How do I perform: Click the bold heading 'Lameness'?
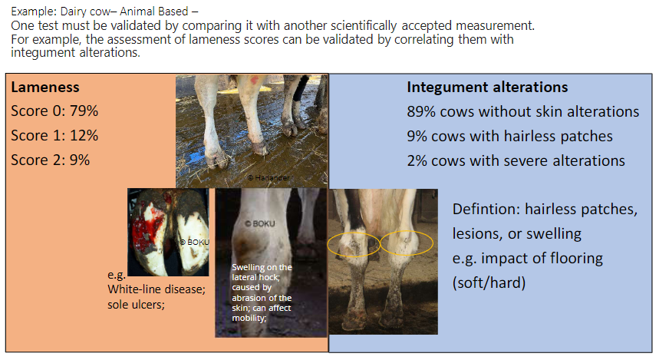(x=45, y=88)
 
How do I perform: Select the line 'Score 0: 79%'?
(x=54, y=111)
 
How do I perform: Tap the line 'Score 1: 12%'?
(x=54, y=136)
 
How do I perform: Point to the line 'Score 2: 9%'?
(x=51, y=160)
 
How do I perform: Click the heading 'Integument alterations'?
(x=487, y=87)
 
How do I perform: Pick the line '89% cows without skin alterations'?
(x=522, y=111)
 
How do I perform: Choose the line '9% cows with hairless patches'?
(x=509, y=136)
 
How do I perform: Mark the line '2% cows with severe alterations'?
(x=516, y=160)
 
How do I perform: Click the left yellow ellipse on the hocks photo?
(x=354, y=244)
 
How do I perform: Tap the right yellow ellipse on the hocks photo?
(x=407, y=243)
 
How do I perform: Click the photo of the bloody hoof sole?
(x=168, y=231)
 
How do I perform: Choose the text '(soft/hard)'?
(x=489, y=282)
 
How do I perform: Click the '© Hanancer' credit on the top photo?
(x=273, y=177)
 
